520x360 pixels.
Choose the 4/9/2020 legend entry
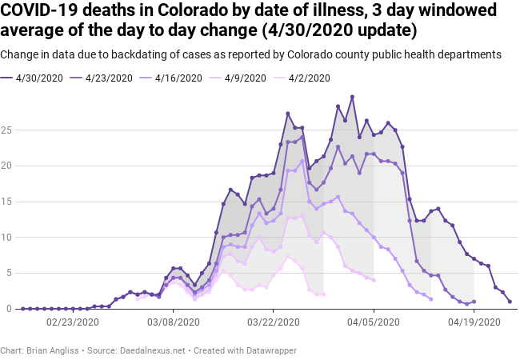[x=240, y=78]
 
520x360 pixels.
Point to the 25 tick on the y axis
[x=8, y=130]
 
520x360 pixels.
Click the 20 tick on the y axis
[x=8, y=166]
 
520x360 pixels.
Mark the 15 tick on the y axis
[x=8, y=202]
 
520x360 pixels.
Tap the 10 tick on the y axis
[x=8, y=238]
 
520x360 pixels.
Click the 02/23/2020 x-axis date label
[x=73, y=322]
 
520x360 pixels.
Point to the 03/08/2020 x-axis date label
[x=173, y=322]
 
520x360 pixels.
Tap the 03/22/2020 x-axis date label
[x=274, y=322]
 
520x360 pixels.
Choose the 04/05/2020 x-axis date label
[x=374, y=322]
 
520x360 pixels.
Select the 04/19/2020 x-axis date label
[x=474, y=322]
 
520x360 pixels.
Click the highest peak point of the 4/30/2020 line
[x=352, y=97]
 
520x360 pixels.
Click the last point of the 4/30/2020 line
[x=510, y=302]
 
